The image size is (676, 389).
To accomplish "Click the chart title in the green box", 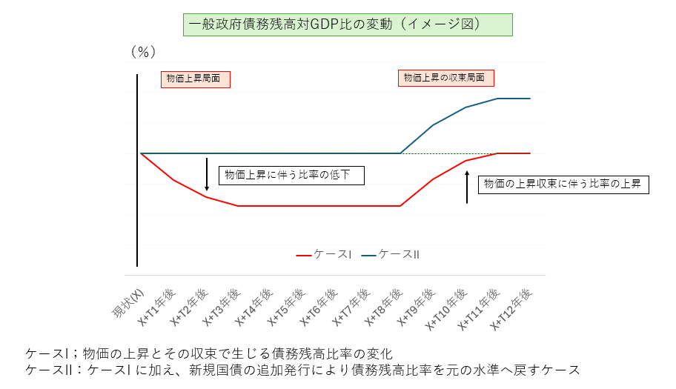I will pos(347,24).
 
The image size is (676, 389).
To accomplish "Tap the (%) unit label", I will pos(142,52).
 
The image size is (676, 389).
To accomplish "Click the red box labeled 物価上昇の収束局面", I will pos(446,78).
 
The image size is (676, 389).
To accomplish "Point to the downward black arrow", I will pos(208,175).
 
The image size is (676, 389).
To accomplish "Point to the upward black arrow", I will pos(467,187).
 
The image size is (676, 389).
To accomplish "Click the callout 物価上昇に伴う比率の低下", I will pos(294,175).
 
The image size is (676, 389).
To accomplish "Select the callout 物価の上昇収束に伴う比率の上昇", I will pos(563,184).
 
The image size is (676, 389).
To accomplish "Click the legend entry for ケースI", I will pos(324,254).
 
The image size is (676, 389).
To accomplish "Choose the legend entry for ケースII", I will pos(391,254).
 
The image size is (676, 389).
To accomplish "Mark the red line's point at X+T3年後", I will pos(238,206).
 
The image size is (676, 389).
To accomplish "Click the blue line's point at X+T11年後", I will pos(497,99).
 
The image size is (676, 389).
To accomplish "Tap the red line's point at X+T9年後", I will pos(433,179).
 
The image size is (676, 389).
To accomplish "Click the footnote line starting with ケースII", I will pos(302,369).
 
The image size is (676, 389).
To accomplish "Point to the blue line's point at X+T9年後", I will pos(433,125).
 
